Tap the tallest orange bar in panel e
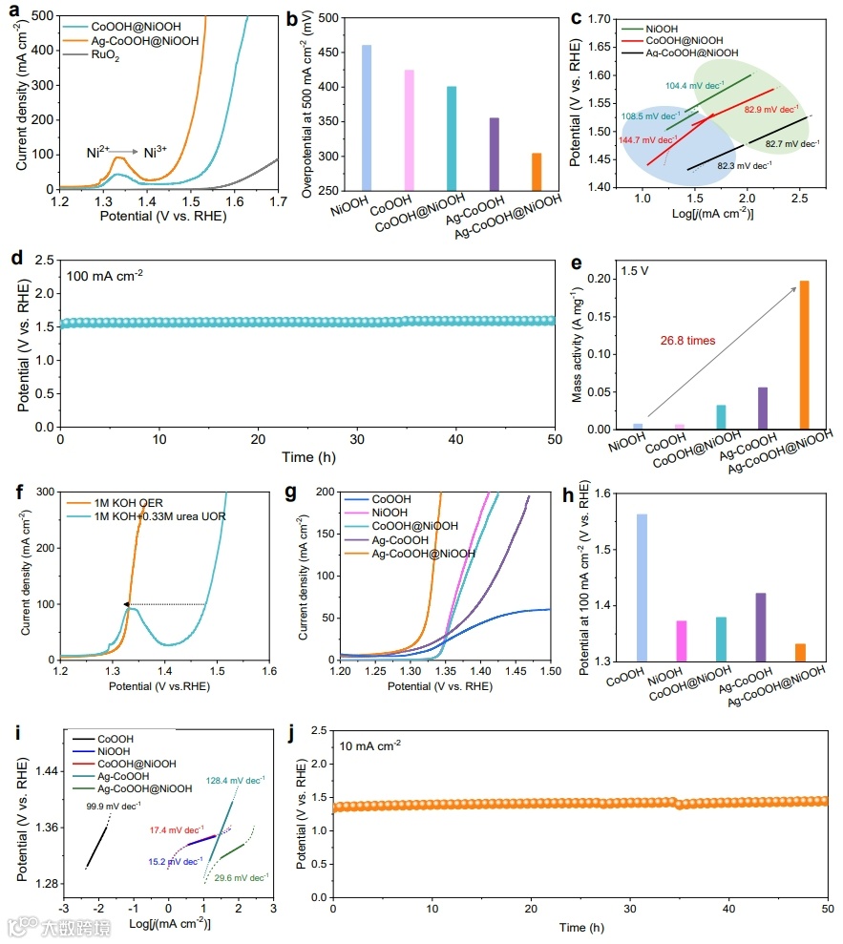tap(804, 354)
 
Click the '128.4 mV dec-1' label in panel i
tap(235, 780)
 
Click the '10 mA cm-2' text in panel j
tap(370, 745)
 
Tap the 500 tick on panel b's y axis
tap(326, 18)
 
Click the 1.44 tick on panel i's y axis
tap(42, 771)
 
